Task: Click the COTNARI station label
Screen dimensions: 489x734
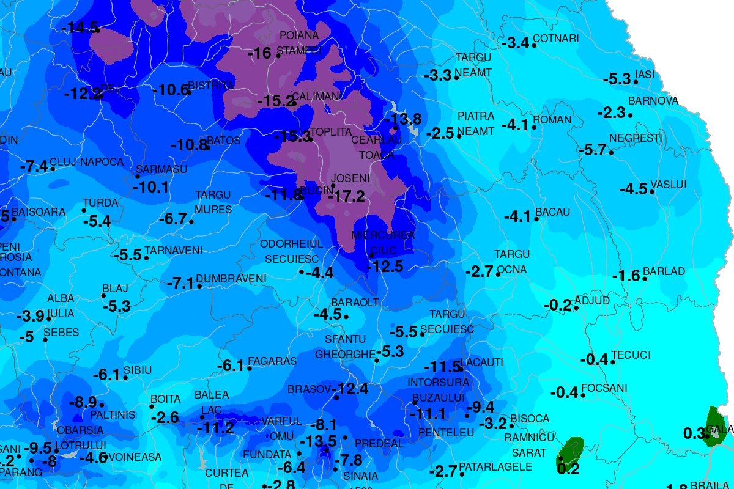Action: coord(555,39)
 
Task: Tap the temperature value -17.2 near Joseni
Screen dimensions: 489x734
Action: coord(346,197)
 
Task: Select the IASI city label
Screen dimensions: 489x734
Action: coord(645,74)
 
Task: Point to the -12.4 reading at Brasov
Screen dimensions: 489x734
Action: coord(353,389)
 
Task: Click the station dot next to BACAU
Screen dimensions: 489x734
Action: coord(536,219)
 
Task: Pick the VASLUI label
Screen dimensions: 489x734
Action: coord(669,184)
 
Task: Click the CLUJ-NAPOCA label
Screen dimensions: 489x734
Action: coord(86,162)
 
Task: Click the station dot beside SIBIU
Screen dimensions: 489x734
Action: coord(125,377)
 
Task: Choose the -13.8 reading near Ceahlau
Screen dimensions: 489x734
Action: coord(406,119)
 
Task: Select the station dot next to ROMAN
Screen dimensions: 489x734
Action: coord(534,127)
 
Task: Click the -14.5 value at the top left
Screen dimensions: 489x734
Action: coord(80,28)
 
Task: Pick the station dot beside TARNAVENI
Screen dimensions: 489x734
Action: coord(146,258)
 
